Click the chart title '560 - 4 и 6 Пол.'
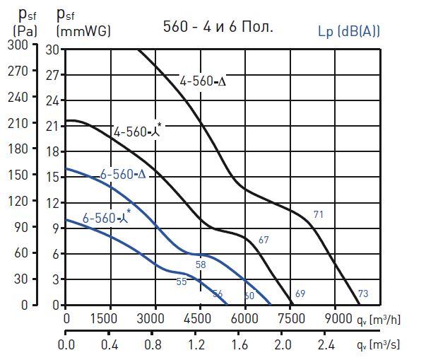pyautogui.click(x=217, y=28)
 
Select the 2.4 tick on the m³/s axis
pyautogui.click(x=326, y=346)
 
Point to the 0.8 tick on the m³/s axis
pyautogui.click(x=153, y=346)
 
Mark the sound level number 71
pyautogui.click(x=319, y=214)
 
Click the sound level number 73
pyautogui.click(x=363, y=294)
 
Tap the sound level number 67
pyautogui.click(x=264, y=240)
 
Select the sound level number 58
pyautogui.click(x=201, y=265)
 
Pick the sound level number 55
pyautogui.click(x=182, y=281)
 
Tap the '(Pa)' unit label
pyautogui.click(x=25, y=31)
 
